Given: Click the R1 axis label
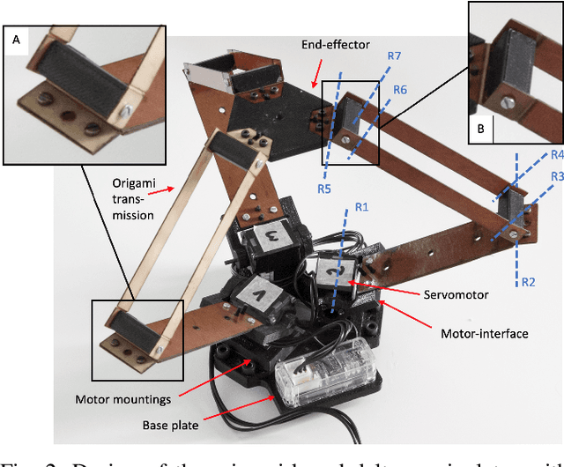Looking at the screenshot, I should tap(361, 207).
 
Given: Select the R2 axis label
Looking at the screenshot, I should tap(529, 282).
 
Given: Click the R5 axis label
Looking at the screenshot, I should tap(326, 187).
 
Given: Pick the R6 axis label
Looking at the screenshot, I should tap(399, 90).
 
